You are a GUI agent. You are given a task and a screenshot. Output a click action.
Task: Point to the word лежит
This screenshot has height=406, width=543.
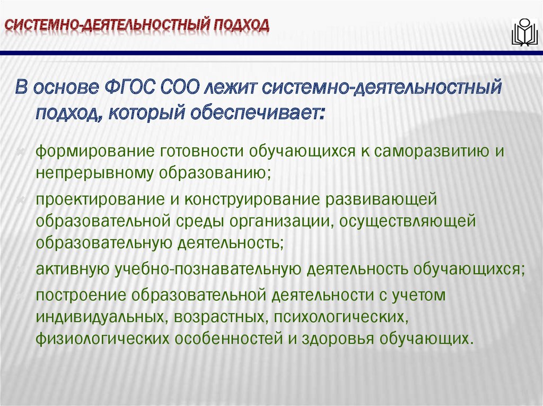point(229,86)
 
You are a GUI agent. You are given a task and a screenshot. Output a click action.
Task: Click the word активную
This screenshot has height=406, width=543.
point(73,269)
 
